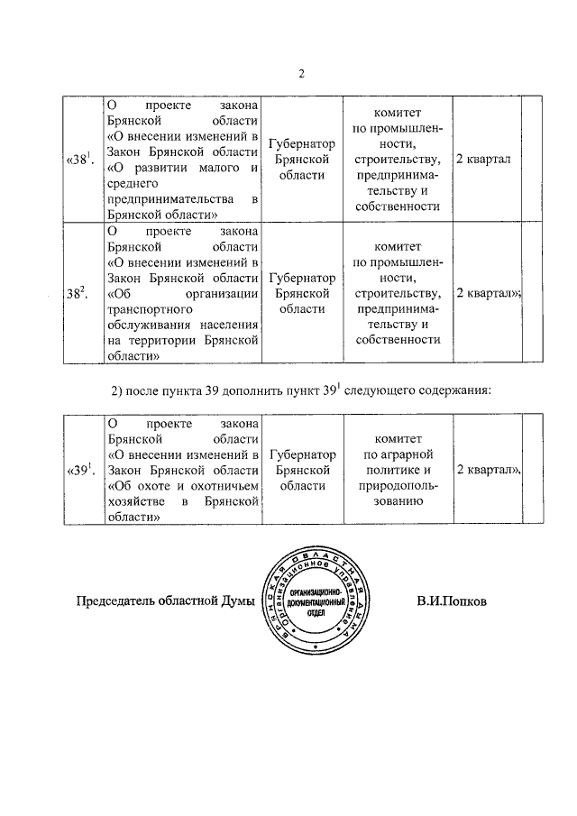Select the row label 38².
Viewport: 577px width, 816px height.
[77, 293]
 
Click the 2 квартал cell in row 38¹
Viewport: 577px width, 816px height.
[483, 160]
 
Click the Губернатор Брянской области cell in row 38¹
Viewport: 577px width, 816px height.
[303, 160]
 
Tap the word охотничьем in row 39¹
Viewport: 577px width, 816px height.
[221, 487]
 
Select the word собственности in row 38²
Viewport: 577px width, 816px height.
[398, 340]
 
